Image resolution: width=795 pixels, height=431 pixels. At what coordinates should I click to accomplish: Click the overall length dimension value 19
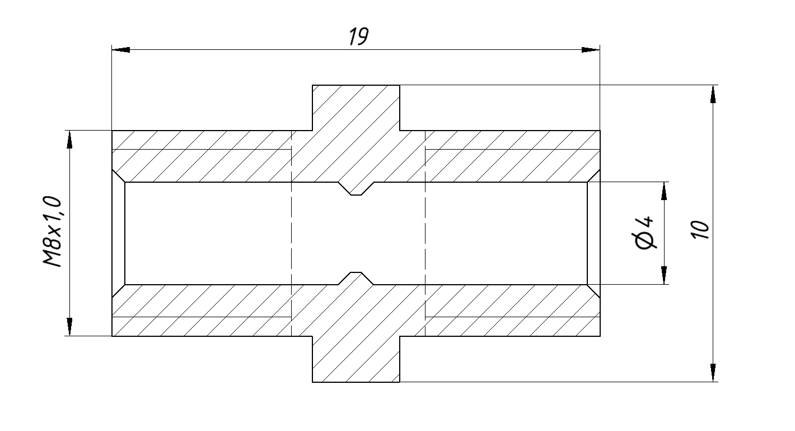358,36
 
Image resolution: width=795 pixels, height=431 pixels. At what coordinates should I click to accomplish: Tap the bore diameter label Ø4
646,233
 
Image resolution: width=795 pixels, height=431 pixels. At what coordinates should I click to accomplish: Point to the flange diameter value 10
699,230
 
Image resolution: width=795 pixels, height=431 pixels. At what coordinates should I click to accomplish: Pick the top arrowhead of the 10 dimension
713,94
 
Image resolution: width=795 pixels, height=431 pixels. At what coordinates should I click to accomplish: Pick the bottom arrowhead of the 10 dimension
713,373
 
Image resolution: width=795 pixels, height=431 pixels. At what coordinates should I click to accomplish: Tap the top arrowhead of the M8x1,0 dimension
69,140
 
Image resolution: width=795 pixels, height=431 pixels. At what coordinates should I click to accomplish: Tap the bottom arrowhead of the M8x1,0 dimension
69,327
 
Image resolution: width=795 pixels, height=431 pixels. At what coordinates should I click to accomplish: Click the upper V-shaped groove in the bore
356,189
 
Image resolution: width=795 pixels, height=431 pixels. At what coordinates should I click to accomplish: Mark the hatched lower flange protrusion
356,359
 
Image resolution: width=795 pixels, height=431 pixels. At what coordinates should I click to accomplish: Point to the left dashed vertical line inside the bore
292,233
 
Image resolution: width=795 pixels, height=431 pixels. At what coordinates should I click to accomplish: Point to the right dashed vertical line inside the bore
425,233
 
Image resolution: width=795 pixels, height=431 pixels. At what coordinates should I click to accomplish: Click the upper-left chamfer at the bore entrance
118,176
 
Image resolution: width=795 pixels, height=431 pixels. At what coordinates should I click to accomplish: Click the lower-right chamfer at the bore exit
594,290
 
